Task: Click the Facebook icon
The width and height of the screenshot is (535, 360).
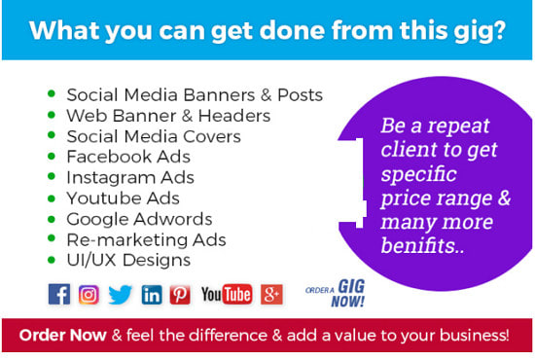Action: [59, 294]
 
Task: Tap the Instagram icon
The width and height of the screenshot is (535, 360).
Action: [89, 294]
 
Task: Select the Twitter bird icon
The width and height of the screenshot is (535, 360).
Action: [120, 294]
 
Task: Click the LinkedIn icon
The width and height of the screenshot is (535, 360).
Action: [152, 294]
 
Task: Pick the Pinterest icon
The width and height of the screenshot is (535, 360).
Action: [180, 294]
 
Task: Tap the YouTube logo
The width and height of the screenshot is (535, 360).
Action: [227, 294]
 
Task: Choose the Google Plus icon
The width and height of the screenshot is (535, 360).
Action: [271, 294]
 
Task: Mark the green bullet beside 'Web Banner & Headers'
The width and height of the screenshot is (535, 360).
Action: [51, 116]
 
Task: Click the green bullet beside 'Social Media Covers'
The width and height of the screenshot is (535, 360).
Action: [51, 136]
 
